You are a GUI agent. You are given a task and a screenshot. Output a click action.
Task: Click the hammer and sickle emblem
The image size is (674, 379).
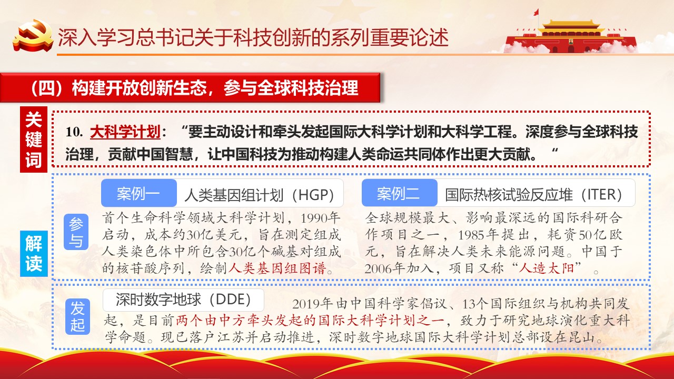pos(33,35)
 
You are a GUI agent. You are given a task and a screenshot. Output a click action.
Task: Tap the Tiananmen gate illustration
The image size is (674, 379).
pos(571,37)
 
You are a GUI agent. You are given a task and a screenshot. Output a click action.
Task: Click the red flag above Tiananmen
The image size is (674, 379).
pos(536,12)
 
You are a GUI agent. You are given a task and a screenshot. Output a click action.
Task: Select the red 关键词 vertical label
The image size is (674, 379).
pos(34,139)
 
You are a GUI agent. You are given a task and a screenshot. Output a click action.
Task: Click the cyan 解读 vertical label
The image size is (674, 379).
pos(34,254)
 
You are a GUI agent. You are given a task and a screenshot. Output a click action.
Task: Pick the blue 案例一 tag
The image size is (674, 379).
pos(138,193)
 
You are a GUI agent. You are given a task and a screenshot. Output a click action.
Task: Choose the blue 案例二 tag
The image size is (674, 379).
pos(399,193)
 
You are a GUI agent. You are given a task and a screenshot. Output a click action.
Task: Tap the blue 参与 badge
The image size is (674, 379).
pos(76,232)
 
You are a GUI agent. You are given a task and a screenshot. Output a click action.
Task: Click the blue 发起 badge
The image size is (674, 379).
pos(77,316)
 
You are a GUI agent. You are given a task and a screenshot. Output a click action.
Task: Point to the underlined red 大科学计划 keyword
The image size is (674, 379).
pos(125,132)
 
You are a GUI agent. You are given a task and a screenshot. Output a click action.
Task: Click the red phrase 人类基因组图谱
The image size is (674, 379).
pos(277,268)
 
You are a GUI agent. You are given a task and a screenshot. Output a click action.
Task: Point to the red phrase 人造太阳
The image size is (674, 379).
pos(547,268)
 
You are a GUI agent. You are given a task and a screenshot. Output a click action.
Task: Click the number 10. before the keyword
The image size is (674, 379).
pos(74,132)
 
